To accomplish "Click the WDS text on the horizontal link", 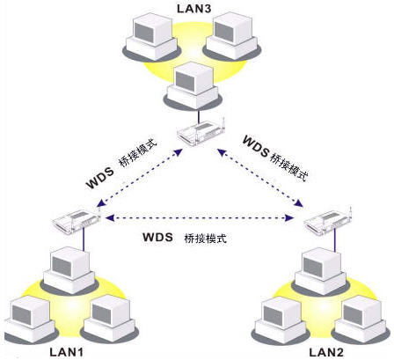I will [158, 239].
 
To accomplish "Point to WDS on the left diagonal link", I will [100, 184].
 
